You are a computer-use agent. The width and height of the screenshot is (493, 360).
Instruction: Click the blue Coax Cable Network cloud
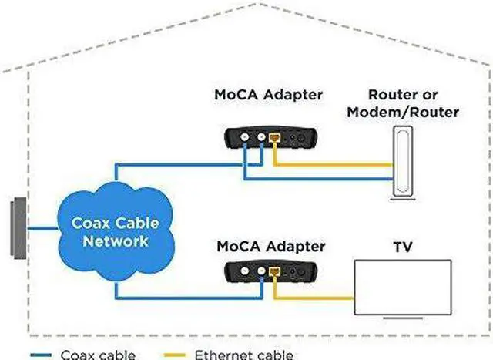click(x=116, y=233)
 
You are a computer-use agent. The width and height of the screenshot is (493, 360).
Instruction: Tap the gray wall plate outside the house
click(x=18, y=228)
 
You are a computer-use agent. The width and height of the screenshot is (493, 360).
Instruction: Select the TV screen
click(x=403, y=288)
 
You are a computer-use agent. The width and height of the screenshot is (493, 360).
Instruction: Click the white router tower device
click(x=403, y=163)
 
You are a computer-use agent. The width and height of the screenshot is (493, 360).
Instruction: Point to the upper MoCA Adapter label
click(x=269, y=95)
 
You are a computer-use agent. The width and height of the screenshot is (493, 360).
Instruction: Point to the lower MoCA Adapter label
click(x=270, y=247)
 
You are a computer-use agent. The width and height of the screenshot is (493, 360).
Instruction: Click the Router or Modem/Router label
click(x=403, y=103)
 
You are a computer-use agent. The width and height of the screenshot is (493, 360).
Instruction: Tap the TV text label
click(x=403, y=247)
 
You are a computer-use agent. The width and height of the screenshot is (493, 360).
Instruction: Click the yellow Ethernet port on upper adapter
click(x=274, y=137)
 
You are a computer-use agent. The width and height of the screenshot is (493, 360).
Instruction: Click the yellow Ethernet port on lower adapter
click(x=274, y=271)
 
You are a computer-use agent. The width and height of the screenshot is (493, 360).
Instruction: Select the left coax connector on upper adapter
click(x=245, y=137)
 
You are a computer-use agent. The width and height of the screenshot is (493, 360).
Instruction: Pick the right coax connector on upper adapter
click(x=261, y=137)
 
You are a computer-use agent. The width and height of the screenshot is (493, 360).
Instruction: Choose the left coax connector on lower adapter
click(x=245, y=271)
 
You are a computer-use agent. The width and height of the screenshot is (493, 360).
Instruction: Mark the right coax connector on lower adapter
click(x=261, y=271)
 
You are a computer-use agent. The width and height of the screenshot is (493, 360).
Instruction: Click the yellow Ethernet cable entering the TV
click(x=314, y=298)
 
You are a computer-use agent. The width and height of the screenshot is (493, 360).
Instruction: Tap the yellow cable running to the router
click(x=334, y=164)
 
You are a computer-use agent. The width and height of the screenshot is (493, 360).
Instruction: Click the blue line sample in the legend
click(x=41, y=355)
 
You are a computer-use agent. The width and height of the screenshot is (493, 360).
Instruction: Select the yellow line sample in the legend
click(x=175, y=355)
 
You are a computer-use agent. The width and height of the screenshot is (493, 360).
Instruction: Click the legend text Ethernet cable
click(x=244, y=355)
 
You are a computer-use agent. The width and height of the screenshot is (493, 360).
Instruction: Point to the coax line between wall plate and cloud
click(x=43, y=228)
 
